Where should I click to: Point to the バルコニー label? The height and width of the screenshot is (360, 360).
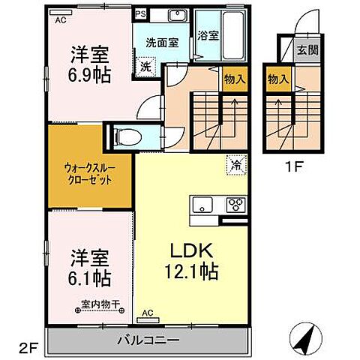click(148, 340)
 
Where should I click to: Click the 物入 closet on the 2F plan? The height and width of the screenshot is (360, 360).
click(234, 79)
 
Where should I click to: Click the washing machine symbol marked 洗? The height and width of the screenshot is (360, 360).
click(145, 66)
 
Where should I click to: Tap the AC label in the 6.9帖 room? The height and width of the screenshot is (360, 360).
click(60, 21)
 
